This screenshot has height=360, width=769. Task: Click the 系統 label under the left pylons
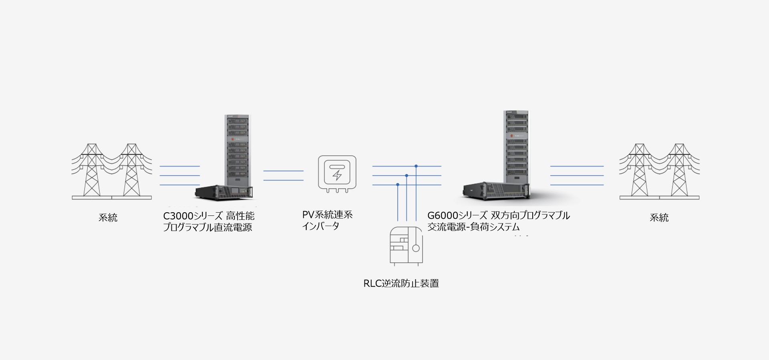pos(108,217)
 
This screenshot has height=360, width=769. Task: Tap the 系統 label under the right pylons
pos(659,217)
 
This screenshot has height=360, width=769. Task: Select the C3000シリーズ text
pos(193,216)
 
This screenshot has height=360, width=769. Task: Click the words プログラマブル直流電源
pos(207,227)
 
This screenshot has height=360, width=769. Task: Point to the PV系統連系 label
pos(327,215)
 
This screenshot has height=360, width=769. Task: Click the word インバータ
pos(320,226)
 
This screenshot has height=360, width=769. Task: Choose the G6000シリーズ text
pos(457,215)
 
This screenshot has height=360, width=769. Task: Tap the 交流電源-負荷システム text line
pos(473,227)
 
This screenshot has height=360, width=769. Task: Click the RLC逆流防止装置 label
pos(401,284)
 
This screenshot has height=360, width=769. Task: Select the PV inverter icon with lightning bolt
pos(337,173)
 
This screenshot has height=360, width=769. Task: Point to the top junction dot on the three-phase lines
pos(416,166)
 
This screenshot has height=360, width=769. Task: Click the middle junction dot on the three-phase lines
pos(407,175)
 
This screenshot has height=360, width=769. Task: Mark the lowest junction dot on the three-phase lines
pos(398,185)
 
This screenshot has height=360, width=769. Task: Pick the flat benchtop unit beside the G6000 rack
pos(495,191)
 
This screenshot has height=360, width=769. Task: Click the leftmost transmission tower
pos(92,170)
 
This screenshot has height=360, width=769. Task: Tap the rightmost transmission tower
pos(679,170)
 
